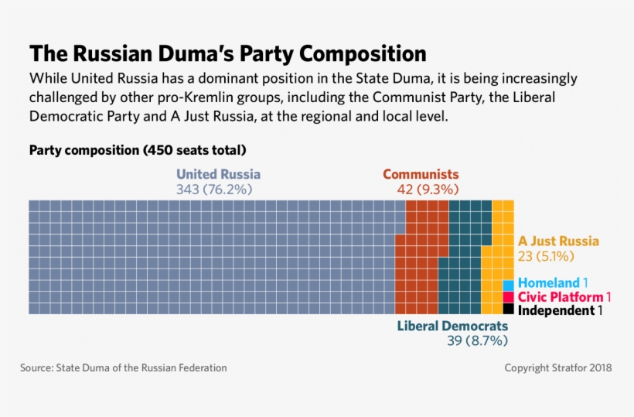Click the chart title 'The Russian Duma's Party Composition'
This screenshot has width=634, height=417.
point(227,54)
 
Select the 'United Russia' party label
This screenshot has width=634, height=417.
point(218,174)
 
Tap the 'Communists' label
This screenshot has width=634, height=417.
point(421,174)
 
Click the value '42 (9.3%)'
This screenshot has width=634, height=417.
point(423,190)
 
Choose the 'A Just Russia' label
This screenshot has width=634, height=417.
point(558,241)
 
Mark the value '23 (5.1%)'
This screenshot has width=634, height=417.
point(546,256)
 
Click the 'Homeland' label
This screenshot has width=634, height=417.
point(548,283)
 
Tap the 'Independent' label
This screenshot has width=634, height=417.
point(555,310)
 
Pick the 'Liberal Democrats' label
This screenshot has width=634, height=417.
point(452,326)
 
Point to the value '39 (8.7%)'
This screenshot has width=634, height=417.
point(477,340)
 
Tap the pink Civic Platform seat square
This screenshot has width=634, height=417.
point(508,297)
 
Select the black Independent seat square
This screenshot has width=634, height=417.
point(508,309)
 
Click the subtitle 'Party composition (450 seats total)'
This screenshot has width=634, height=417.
point(137,149)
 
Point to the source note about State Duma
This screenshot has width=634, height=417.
point(124,368)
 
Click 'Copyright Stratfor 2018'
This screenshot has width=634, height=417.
point(557,368)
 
